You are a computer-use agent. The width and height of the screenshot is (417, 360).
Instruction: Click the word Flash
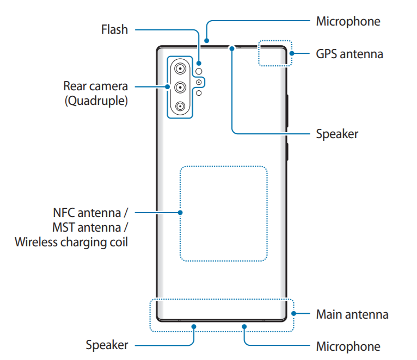(x=114, y=29)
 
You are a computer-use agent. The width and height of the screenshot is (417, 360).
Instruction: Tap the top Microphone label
(x=348, y=21)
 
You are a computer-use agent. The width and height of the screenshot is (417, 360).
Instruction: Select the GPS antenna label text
(x=349, y=54)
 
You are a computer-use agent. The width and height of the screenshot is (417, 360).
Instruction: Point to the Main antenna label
(x=352, y=314)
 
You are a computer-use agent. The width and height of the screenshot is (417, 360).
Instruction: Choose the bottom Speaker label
(x=107, y=345)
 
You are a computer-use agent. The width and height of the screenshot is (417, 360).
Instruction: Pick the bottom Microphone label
(x=348, y=346)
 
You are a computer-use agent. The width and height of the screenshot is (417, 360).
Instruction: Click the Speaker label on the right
(x=337, y=133)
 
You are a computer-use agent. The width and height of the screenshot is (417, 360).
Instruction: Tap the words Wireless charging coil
(x=72, y=241)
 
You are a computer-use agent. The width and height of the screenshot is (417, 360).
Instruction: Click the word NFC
(x=64, y=212)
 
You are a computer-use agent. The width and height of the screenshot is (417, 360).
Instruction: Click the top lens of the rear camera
(x=179, y=69)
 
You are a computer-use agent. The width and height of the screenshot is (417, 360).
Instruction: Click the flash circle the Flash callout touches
(x=199, y=71)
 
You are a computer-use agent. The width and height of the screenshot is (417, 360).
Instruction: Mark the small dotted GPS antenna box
(x=275, y=53)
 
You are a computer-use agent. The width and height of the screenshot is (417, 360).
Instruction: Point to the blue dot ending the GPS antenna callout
(x=292, y=54)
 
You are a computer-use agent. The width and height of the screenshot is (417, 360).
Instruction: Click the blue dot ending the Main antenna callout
(x=293, y=314)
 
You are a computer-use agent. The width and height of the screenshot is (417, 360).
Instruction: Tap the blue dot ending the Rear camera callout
(x=167, y=86)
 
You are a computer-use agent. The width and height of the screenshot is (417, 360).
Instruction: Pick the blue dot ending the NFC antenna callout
(x=180, y=213)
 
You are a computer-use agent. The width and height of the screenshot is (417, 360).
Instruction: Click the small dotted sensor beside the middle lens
(x=200, y=82)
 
